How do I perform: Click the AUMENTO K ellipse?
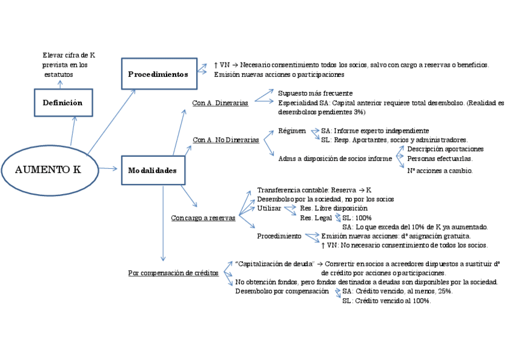click(48, 169)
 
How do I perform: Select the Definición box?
click(63, 103)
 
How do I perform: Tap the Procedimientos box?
click(159, 74)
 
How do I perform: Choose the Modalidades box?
click(153, 171)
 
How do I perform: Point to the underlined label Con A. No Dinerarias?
click(226, 139)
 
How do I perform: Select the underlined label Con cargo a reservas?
click(203, 218)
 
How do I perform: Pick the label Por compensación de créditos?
click(173, 273)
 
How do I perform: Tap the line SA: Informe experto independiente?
click(375, 130)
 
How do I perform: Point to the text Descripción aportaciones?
click(445, 149)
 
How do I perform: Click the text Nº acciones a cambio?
click(440, 171)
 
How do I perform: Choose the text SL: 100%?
click(357, 218)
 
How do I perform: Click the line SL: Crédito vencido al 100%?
click(386, 301)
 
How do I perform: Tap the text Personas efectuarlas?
click(440, 159)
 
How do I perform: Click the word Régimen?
click(292, 130)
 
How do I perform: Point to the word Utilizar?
click(269, 208)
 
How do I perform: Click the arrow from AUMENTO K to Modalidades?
click(108, 169)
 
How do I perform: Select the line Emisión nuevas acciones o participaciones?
click(278, 75)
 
